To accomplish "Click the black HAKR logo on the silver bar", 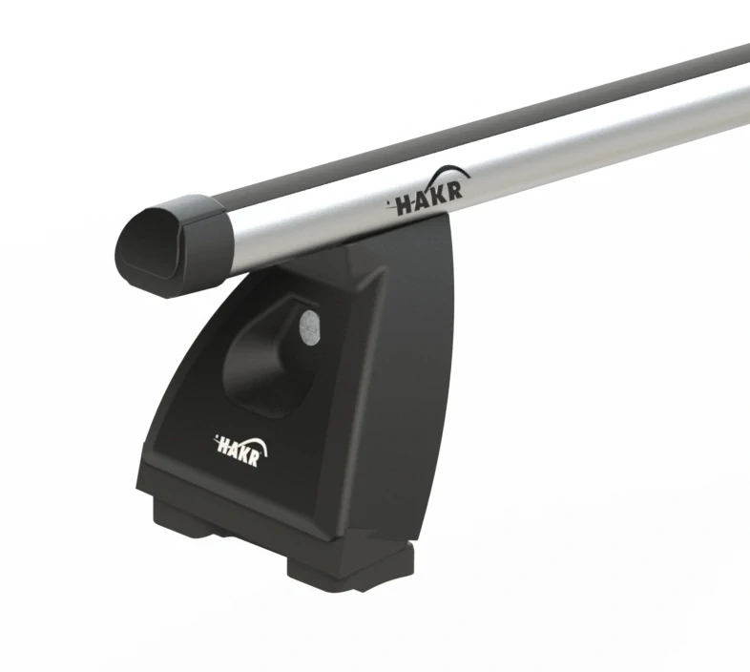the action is click(428, 192).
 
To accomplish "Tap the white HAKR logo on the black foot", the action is click(240, 451).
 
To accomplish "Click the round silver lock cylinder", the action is click(309, 327).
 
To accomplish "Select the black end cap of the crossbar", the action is click(172, 245).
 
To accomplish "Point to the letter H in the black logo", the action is click(406, 206).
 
